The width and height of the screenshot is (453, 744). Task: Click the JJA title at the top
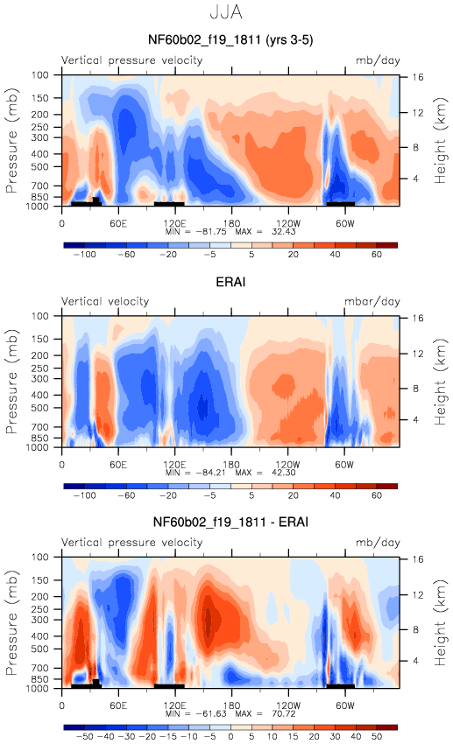226,13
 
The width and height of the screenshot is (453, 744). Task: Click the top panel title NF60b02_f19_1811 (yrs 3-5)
230,40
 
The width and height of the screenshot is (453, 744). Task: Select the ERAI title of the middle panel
230,282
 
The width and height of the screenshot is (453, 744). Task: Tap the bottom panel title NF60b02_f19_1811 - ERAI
230,523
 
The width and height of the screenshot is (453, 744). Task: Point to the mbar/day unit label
372,302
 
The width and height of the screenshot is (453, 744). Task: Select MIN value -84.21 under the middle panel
208,473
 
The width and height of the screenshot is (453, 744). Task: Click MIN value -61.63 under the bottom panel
208,713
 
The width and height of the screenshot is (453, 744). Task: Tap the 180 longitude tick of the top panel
231,223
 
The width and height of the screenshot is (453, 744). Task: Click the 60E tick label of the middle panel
118,465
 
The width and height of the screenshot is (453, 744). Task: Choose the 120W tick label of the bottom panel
288,705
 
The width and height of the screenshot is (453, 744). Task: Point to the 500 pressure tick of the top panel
40,167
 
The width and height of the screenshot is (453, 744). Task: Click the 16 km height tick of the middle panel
417,319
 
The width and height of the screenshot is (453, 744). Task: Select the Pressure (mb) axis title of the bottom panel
12,622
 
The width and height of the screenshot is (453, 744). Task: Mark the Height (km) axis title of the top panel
441,140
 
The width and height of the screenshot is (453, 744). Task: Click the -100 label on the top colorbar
84,255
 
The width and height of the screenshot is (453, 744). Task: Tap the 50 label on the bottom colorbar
377,737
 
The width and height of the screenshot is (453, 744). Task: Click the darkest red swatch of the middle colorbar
387,486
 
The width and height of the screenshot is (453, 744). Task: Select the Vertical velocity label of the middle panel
105,302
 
